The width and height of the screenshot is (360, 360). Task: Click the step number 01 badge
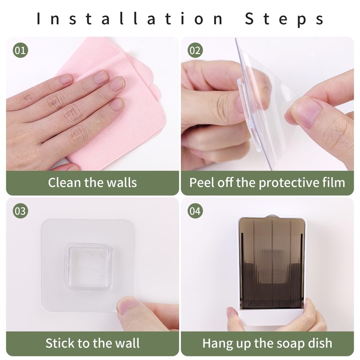tap(20, 50)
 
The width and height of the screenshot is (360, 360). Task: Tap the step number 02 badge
tap(195, 50)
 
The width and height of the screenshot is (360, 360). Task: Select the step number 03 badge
tap(20, 211)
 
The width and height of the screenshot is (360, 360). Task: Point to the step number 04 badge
tap(195, 211)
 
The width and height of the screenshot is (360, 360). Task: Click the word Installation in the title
tap(130, 18)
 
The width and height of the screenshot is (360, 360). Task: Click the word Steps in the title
tap(284, 19)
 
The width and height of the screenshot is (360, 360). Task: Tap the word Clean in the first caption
tap(64, 183)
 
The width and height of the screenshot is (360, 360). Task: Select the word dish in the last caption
tap(322, 343)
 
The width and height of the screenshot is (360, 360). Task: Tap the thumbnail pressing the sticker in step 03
tap(128, 306)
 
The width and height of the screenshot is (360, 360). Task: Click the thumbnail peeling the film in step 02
tap(304, 112)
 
